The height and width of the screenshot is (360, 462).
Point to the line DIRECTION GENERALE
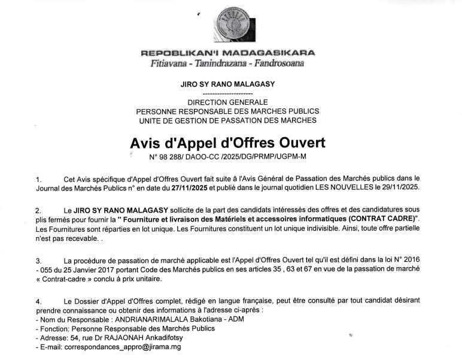227,102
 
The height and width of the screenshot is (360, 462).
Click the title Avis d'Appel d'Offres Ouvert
227,144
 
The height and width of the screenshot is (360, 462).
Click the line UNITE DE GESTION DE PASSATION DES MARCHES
227,120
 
